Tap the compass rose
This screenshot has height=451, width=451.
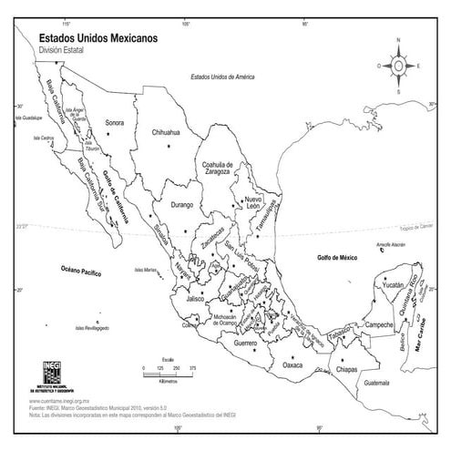(399, 65)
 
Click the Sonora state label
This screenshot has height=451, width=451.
(114, 122)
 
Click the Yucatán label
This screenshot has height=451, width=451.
(393, 285)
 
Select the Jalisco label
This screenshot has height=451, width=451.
(193, 298)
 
